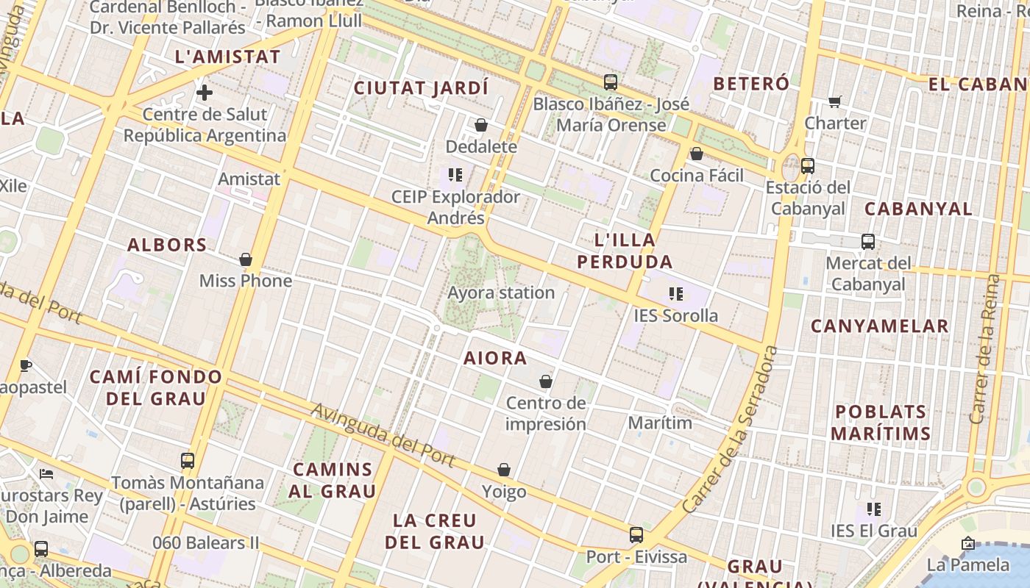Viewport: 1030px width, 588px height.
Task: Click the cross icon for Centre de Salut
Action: (205, 93)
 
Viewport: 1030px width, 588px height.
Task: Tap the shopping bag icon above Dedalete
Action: (481, 125)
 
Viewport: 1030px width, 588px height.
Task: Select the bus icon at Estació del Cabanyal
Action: (808, 166)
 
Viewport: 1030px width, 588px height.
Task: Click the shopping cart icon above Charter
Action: (834, 101)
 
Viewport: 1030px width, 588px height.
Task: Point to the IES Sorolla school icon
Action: (676, 294)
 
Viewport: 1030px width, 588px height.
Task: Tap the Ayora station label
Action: (501, 293)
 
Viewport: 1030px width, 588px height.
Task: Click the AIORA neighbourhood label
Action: (495, 358)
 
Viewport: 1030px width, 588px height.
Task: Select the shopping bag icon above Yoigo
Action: (504, 470)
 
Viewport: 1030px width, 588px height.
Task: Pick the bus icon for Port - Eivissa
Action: (636, 535)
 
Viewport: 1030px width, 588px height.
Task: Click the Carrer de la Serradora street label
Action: (730, 430)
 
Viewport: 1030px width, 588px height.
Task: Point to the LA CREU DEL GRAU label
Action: (435, 531)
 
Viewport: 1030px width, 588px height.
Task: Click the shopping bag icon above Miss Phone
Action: (246, 259)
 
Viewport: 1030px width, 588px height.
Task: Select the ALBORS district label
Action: (167, 245)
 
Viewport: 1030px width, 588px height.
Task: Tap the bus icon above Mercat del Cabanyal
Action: (868, 241)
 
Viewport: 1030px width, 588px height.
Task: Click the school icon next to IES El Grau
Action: (874, 509)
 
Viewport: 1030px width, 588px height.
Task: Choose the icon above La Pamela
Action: (968, 544)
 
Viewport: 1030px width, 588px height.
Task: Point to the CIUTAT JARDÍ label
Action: (421, 88)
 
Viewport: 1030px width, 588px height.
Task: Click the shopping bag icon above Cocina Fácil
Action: (696, 154)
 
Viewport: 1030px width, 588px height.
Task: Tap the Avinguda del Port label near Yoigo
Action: (383, 434)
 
